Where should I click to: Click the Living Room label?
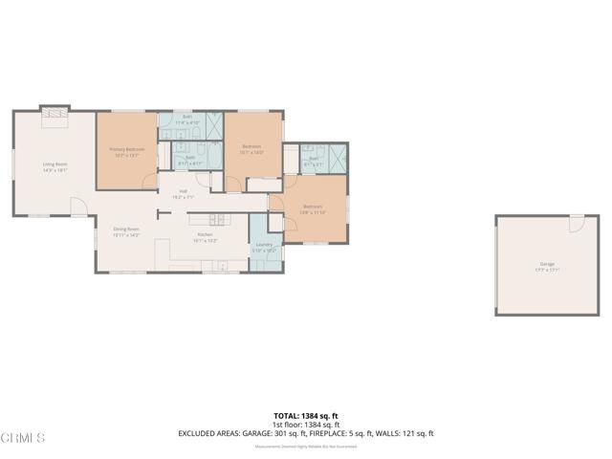point(55,166)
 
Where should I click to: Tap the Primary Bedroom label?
point(126,151)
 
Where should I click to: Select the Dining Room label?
point(127,231)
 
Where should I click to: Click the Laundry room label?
point(265,247)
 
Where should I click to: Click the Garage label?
point(547,266)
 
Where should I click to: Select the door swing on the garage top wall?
point(576,224)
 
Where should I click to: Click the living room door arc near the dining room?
point(77,205)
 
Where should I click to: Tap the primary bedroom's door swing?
point(149,180)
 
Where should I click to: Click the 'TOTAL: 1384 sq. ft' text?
point(306,416)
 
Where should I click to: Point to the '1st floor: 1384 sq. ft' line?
point(306,425)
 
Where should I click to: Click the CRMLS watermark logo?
point(23,438)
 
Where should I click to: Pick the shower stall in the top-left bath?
point(211,126)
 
